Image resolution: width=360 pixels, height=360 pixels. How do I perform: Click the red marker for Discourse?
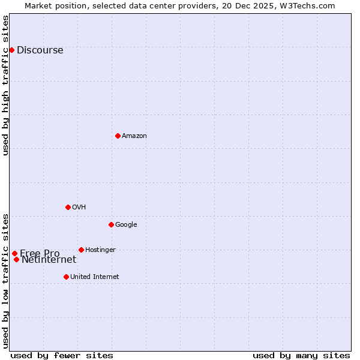coord(11,50)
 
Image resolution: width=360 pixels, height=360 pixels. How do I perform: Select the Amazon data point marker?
coord(118,136)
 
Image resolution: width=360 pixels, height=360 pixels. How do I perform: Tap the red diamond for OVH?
coord(68,207)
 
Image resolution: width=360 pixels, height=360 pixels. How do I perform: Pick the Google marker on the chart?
coord(111,224)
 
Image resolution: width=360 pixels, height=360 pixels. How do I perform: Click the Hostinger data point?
coord(81,250)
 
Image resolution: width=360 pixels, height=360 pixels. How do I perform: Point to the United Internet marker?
coord(66,277)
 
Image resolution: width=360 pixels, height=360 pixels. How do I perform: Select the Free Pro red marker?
coord(14,253)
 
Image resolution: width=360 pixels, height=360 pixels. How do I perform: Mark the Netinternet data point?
coord(16,259)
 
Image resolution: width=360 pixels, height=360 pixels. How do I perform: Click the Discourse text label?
coord(40,50)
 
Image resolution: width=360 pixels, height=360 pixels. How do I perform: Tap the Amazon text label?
coord(134,136)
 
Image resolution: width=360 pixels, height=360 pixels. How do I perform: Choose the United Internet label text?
coord(94,277)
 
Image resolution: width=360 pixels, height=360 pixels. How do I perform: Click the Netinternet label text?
coord(49,260)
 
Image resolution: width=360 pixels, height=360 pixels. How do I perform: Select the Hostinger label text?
coord(100,250)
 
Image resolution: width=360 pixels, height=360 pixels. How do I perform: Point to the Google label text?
coord(126,225)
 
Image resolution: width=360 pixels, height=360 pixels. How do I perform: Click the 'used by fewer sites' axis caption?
coord(62,355)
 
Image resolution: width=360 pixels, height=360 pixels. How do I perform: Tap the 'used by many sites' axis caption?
coord(301,355)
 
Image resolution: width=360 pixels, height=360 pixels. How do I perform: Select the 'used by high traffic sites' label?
coord(6,85)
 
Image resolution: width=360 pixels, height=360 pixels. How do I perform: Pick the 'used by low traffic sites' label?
coord(6,280)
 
